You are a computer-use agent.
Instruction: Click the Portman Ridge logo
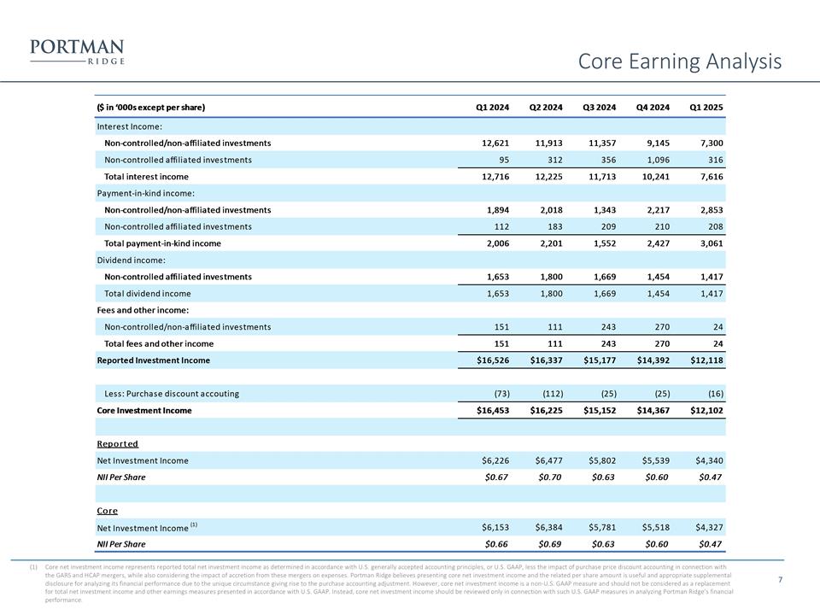click(76, 51)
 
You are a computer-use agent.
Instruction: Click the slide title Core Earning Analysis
click(680, 61)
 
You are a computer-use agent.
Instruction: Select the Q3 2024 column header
click(599, 108)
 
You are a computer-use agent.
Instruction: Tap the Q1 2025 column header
click(706, 108)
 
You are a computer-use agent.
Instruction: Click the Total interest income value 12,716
click(492, 176)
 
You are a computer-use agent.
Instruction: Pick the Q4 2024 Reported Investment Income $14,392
click(648, 360)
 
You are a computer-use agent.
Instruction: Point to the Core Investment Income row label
click(143, 410)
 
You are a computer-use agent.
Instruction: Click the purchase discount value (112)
click(548, 394)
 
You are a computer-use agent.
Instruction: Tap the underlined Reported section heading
click(117, 444)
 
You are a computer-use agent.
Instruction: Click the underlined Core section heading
click(108, 511)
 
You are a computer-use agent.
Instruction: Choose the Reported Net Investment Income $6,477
click(543, 460)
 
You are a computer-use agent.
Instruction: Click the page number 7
click(781, 580)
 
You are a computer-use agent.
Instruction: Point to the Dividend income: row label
click(130, 260)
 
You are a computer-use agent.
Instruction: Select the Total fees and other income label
click(159, 343)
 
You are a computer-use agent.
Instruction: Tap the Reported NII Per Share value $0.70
click(546, 477)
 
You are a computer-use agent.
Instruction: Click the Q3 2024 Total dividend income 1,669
click(600, 293)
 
